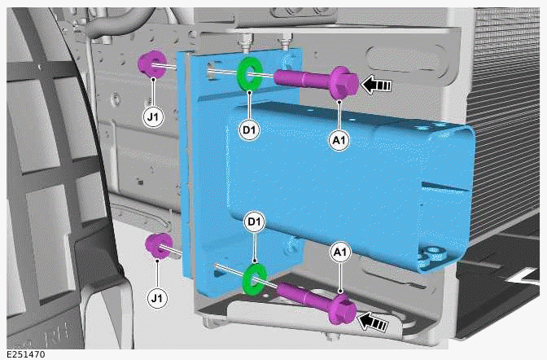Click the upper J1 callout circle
click(153, 117)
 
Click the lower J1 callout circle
click(157, 299)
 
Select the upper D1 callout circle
click(249, 130)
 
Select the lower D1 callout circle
click(255, 222)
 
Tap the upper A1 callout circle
click(339, 140)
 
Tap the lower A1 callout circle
click(340, 252)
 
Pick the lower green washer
click(255, 279)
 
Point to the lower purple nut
click(159, 247)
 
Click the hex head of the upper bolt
click(344, 83)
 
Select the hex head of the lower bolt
click(343, 309)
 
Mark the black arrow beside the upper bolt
click(376, 84)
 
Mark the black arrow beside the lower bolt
click(374, 322)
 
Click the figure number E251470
click(26, 355)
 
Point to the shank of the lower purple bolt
click(304, 295)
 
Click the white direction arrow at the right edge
click(523, 278)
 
